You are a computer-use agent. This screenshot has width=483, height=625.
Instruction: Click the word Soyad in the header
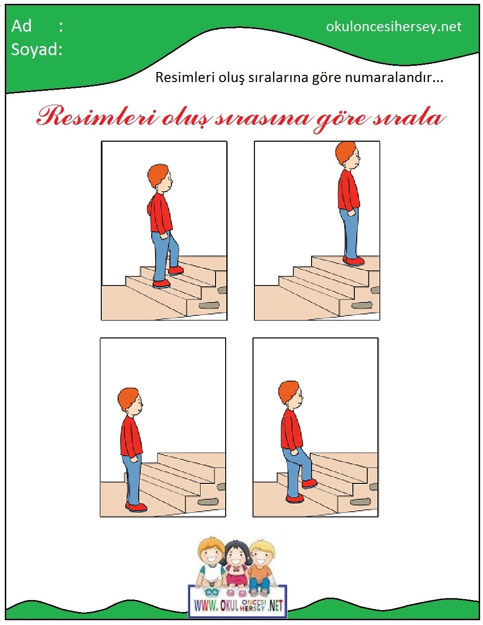click(x=35, y=50)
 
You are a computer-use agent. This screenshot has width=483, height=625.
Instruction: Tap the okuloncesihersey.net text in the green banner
click(x=394, y=27)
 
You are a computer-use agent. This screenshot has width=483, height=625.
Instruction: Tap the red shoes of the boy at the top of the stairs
click(x=353, y=261)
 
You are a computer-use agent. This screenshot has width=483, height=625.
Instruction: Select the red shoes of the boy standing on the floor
click(x=136, y=507)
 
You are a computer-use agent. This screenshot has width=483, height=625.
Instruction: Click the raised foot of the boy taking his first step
click(x=310, y=484)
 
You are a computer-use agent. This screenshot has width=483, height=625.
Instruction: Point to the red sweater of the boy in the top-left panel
click(x=160, y=213)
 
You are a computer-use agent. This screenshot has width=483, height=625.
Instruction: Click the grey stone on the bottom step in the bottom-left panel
click(x=208, y=502)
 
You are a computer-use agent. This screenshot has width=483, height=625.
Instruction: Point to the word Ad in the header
click(x=21, y=26)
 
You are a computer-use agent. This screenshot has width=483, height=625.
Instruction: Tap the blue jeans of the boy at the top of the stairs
click(x=349, y=233)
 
